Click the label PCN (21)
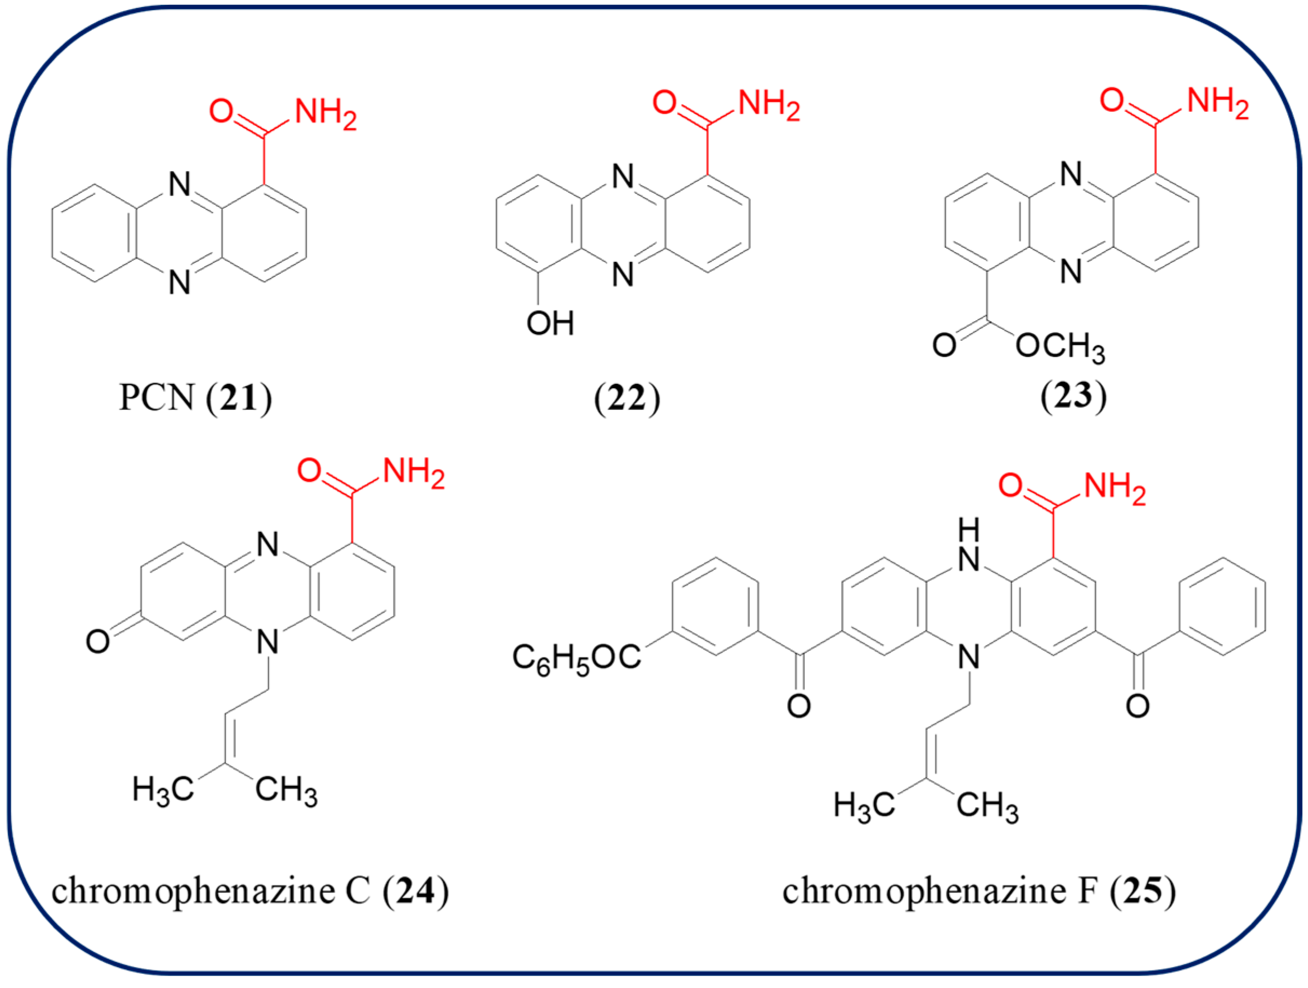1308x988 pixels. [x=195, y=397]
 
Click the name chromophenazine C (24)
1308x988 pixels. [x=249, y=891]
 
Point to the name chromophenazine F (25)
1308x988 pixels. [x=979, y=891]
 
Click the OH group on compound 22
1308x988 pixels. [x=550, y=323]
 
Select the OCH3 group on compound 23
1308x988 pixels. [x=1060, y=347]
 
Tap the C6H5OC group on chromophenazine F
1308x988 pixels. [x=577, y=658]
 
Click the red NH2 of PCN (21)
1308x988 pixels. [x=325, y=113]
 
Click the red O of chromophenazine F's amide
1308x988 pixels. [x=1011, y=485]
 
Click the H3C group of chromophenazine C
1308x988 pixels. [x=162, y=789]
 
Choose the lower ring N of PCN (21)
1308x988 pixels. [x=180, y=282]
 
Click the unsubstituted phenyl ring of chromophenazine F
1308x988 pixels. [x=1222, y=606]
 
